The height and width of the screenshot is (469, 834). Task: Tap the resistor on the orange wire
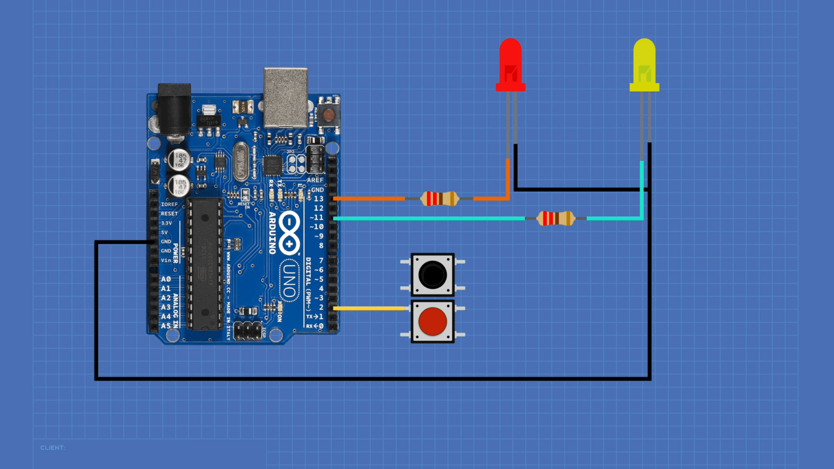click(440, 199)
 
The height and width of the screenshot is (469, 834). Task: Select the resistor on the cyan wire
click(555, 218)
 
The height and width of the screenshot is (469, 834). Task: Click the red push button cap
click(433, 321)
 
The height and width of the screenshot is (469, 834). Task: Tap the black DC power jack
click(174, 109)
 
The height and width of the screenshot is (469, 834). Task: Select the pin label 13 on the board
click(318, 199)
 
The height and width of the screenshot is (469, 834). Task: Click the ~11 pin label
click(317, 217)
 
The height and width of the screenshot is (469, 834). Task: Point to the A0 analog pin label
click(166, 279)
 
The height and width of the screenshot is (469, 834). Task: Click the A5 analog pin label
click(166, 326)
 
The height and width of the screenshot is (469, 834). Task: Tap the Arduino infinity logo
click(289, 233)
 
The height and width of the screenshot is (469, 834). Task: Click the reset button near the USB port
click(328, 115)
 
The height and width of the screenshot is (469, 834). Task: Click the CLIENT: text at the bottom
click(53, 448)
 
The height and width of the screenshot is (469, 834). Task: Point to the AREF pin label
click(315, 180)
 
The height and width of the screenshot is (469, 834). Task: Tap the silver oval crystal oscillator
click(241, 161)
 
